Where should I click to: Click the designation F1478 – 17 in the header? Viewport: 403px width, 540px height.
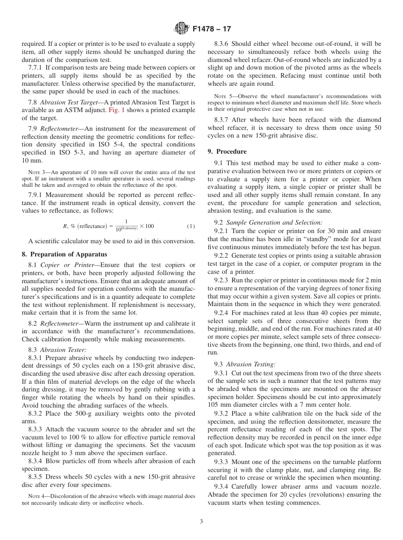(x=212, y=29)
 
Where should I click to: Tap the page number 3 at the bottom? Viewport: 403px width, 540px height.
(x=201, y=522)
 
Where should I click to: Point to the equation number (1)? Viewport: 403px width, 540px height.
(x=191, y=226)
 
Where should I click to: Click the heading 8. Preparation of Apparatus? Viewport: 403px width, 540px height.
(x=64, y=254)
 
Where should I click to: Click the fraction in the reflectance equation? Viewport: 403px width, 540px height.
(x=126, y=225)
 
